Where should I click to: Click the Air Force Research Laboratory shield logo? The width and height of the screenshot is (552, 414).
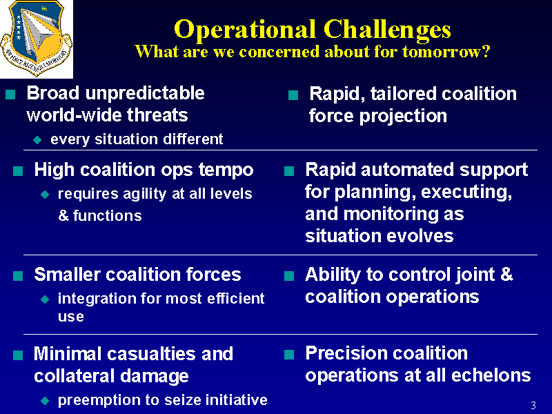[x=37, y=38]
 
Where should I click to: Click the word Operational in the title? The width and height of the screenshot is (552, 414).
[x=245, y=30]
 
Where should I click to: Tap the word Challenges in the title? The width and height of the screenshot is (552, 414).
[x=387, y=30]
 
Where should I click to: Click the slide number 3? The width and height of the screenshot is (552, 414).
[x=533, y=406]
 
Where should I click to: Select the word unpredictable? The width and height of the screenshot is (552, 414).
[x=145, y=94]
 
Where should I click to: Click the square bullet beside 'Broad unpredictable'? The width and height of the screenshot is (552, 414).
[x=10, y=95]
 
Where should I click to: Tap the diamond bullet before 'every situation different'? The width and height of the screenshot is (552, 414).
[x=37, y=140]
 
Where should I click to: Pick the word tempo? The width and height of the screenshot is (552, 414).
[x=226, y=170]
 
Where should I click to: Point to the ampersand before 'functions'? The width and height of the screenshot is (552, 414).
[x=63, y=215]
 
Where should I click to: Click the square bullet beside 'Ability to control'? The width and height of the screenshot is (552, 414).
[x=289, y=275]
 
